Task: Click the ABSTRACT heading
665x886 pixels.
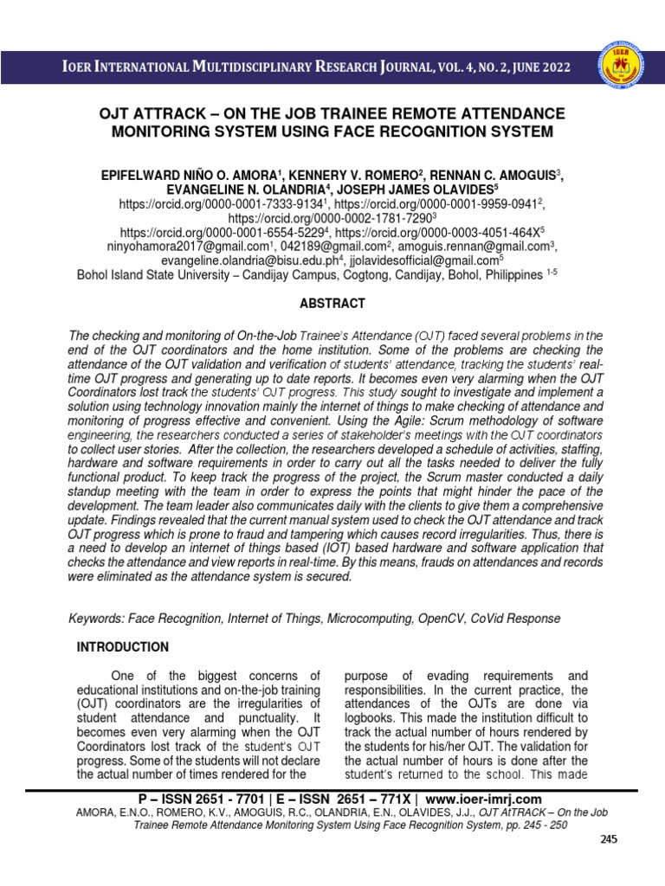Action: [x=332, y=304]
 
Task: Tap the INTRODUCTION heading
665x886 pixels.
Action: [x=123, y=647]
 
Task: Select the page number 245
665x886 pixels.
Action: [x=610, y=839]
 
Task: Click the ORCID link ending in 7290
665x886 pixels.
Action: [x=330, y=219]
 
